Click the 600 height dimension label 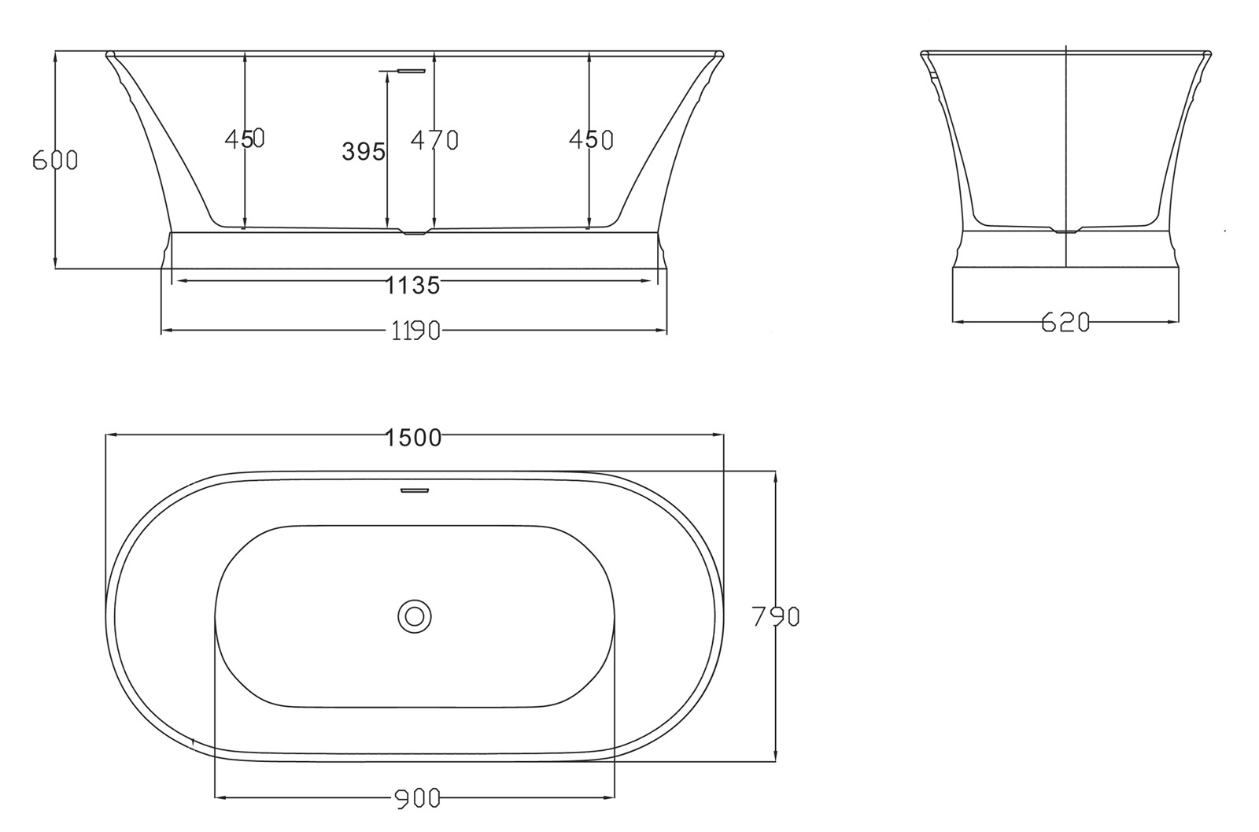tap(55, 160)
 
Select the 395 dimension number tap(364, 151)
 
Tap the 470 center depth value tap(434, 140)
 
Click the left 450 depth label tap(245, 139)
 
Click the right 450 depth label tap(591, 140)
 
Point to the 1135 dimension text tap(412, 285)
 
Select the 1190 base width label tap(415, 331)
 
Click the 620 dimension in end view tap(1065, 322)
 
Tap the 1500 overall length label tap(414, 437)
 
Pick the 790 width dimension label tap(776, 616)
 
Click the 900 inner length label tap(416, 799)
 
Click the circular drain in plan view tap(415, 616)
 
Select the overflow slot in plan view tap(415, 490)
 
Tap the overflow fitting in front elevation tap(412, 71)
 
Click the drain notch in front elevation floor tap(414, 232)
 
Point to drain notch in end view tap(1065, 231)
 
